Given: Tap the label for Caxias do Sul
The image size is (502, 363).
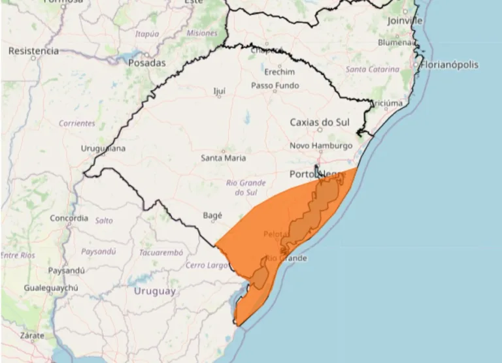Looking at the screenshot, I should click(320, 122).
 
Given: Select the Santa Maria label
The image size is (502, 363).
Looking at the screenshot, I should click(223, 157).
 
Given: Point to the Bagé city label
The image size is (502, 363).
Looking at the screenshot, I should click(212, 214).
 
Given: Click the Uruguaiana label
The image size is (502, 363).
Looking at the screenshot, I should click(103, 148).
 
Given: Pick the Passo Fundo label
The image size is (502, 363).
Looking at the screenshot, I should click(275, 86).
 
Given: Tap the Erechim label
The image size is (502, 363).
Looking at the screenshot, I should click(280, 71).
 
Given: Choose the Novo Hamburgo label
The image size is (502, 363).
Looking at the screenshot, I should click(321, 145).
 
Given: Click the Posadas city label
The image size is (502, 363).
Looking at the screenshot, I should click(146, 63).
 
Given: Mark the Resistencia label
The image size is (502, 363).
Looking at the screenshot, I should click(33, 50).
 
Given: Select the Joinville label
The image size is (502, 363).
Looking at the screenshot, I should click(405, 21).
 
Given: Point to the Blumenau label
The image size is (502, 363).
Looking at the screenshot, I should click(396, 42).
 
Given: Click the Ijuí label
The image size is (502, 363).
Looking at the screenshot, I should click(220, 91).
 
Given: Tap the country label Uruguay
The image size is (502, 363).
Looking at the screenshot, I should click(154, 291).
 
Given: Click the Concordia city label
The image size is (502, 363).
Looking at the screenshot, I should click(68, 218).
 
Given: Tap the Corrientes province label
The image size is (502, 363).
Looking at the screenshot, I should click(76, 123).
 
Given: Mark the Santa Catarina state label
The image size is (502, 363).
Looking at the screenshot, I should click(372, 69).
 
